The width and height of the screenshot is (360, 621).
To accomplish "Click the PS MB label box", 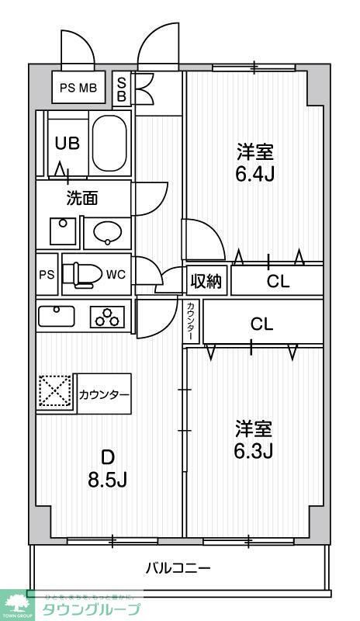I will tap(78, 87).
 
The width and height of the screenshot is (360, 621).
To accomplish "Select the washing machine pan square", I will tap(60, 230).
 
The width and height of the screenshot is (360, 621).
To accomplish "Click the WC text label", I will tap(116, 274).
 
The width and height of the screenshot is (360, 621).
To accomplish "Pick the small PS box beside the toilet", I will tap(47, 275).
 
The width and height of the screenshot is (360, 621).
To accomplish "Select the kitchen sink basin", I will tap(56, 316).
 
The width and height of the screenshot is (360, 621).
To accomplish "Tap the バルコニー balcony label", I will tap(178, 568).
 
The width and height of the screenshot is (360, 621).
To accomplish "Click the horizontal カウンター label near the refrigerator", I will tap(104, 394).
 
